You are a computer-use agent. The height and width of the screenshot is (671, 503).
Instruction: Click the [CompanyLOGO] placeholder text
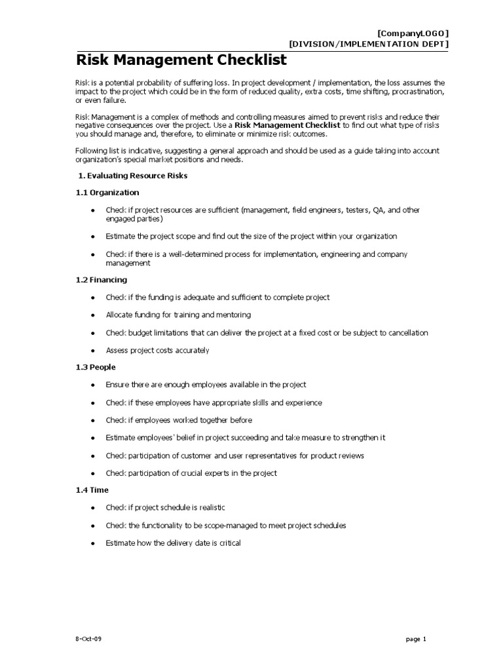[413, 34]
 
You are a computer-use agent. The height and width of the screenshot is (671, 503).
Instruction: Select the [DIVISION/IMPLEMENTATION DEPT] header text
[369, 44]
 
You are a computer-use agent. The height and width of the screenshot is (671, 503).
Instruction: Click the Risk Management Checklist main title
[181, 61]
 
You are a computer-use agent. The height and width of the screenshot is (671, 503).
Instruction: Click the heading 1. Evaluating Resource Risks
[133, 176]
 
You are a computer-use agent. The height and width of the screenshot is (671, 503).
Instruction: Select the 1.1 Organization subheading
[107, 193]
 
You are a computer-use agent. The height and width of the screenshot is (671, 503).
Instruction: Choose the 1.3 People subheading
[96, 367]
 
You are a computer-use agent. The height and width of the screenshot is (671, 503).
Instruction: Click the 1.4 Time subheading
[92, 489]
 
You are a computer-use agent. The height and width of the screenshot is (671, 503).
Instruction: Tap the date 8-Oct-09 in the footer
[88, 639]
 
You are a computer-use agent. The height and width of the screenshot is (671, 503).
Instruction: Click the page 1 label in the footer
[415, 639]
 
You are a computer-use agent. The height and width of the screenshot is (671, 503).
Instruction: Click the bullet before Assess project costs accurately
[93, 351]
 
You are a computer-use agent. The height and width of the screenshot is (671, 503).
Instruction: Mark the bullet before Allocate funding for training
[93, 315]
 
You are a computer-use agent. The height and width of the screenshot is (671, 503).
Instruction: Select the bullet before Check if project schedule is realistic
[93, 508]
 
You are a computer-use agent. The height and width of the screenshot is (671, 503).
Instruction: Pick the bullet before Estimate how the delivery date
[93, 543]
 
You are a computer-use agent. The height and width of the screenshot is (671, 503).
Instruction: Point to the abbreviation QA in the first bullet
[379, 210]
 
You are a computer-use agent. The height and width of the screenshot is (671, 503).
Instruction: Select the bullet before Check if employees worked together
[93, 421]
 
